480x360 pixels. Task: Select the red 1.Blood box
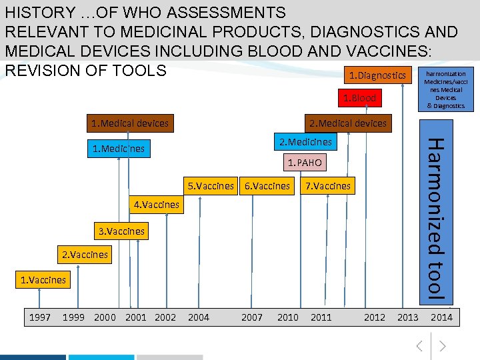tap(359, 98)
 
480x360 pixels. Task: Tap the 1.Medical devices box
tap(130, 123)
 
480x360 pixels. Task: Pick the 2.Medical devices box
tap(347, 123)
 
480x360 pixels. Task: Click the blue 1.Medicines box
tap(118, 149)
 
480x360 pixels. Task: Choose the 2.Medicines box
tap(305, 141)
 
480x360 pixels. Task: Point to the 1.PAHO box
tap(304, 162)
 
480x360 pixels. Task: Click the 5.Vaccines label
tap(211, 186)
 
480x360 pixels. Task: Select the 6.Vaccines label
tap(267, 186)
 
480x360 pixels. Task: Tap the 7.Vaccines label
tap(327, 186)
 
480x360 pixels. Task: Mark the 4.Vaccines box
tap(157, 205)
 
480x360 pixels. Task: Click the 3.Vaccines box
tap(121, 231)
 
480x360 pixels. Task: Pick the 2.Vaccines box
tap(85, 255)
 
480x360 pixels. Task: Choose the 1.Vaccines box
tap(43, 280)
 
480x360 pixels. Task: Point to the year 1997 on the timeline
tap(40, 317)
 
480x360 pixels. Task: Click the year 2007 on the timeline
tap(251, 317)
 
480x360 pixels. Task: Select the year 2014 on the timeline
tap(441, 317)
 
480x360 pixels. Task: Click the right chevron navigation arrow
tap(442, 345)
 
